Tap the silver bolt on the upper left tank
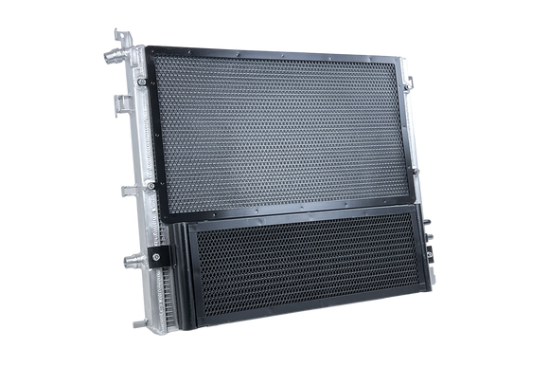140,84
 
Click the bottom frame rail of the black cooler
303,315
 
